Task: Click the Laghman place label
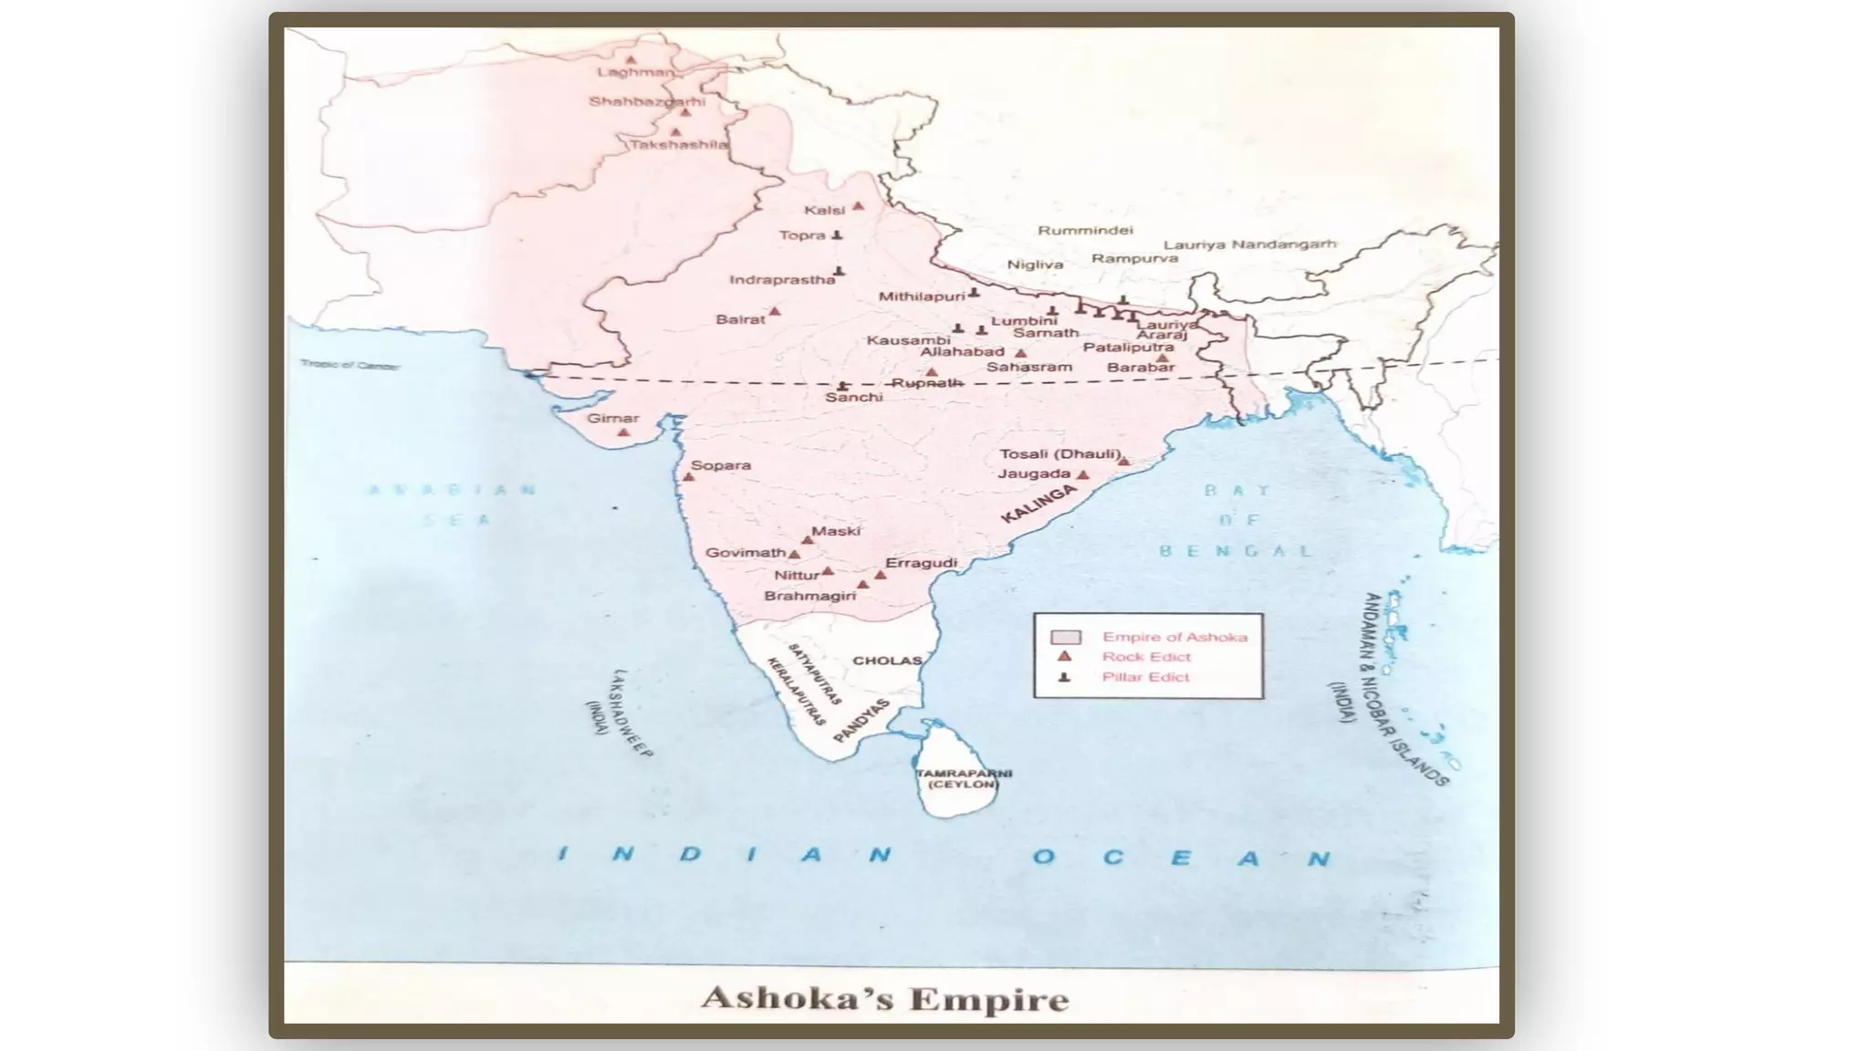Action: click(635, 72)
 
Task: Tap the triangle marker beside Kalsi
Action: click(858, 206)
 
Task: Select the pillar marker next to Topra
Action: click(837, 235)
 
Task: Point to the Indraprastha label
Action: click(782, 280)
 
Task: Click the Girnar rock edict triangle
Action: click(623, 432)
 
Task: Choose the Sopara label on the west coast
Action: click(720, 465)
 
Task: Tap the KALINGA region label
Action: click(1038, 505)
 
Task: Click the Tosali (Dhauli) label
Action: click(1060, 454)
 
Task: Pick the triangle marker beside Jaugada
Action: click(1083, 475)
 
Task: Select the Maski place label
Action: click(835, 531)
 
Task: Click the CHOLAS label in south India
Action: click(887, 661)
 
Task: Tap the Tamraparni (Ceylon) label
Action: click(964, 778)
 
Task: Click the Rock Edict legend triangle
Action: click(1064, 656)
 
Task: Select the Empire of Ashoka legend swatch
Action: click(1065, 637)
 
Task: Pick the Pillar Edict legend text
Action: click(1145, 677)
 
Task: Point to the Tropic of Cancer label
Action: click(350, 365)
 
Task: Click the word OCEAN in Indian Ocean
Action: click(1181, 858)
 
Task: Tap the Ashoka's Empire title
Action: click(884, 998)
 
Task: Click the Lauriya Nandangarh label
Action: click(1249, 245)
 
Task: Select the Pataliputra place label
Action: click(1128, 348)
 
